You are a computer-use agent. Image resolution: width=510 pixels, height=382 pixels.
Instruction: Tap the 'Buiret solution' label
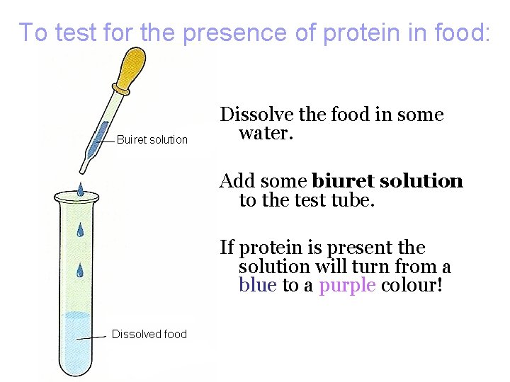click(152, 140)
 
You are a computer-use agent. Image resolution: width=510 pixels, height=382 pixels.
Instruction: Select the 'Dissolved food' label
click(149, 334)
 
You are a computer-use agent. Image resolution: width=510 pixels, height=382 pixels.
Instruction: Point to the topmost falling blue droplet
click(81, 189)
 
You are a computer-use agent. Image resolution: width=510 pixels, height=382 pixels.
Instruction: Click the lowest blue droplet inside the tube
click(80, 270)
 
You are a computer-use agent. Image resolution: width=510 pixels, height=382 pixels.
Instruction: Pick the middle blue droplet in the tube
click(80, 230)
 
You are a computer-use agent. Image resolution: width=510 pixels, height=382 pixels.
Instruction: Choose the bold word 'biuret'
click(343, 181)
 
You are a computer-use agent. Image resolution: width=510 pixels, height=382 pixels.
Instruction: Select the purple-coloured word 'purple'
click(347, 286)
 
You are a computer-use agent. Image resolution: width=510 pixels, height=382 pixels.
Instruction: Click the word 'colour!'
click(412, 286)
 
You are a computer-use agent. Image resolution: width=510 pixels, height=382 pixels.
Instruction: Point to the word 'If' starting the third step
click(227, 248)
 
